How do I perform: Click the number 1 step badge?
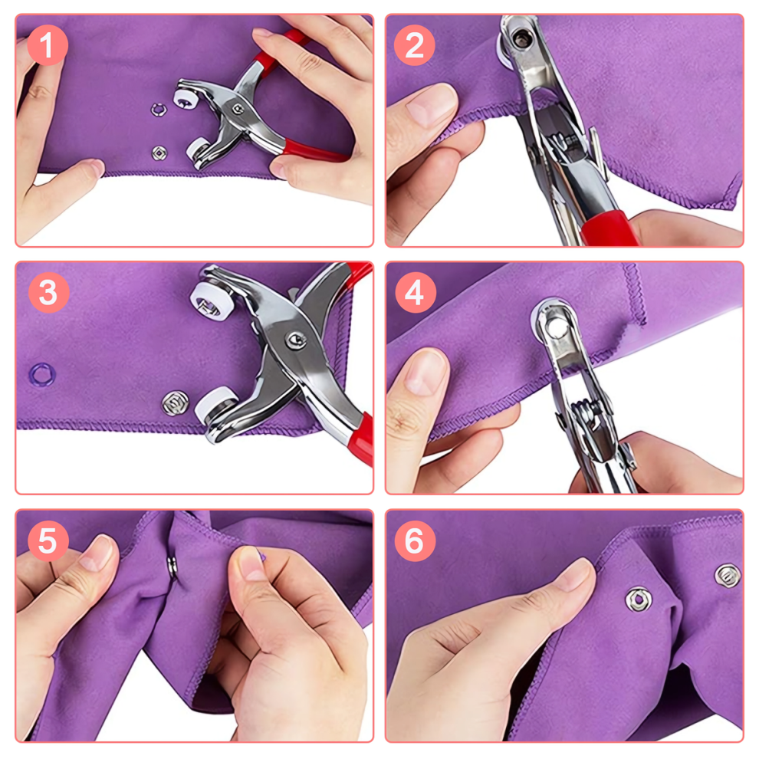click(x=47, y=45)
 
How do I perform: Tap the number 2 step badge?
click(x=414, y=45)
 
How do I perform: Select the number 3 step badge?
click(x=49, y=292)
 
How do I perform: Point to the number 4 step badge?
click(x=416, y=292)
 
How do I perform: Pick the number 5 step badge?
click(x=48, y=540)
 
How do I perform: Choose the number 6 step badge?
click(x=415, y=540)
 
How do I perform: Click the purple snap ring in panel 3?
click(x=42, y=374)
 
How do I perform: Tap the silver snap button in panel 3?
click(x=176, y=403)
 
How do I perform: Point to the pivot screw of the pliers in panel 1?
click(x=238, y=110)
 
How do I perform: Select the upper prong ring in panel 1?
click(x=158, y=110)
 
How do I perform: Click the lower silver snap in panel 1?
click(x=159, y=153)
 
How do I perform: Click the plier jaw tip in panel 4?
click(x=556, y=325)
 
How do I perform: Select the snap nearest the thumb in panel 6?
click(x=639, y=600)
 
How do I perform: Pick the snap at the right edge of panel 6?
click(x=728, y=576)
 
